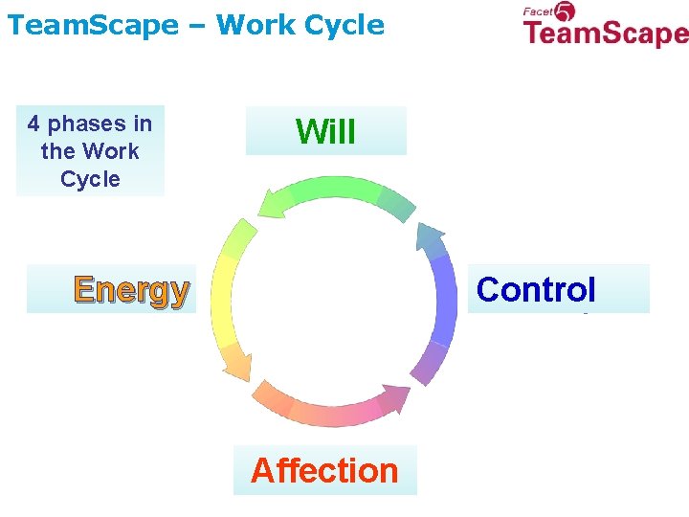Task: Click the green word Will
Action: (325, 131)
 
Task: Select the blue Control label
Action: (536, 289)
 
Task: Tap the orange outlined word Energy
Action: (131, 289)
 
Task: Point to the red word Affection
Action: (324, 470)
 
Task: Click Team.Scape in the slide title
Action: (92, 25)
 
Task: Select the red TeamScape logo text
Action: (605, 35)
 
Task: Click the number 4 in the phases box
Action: (33, 124)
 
